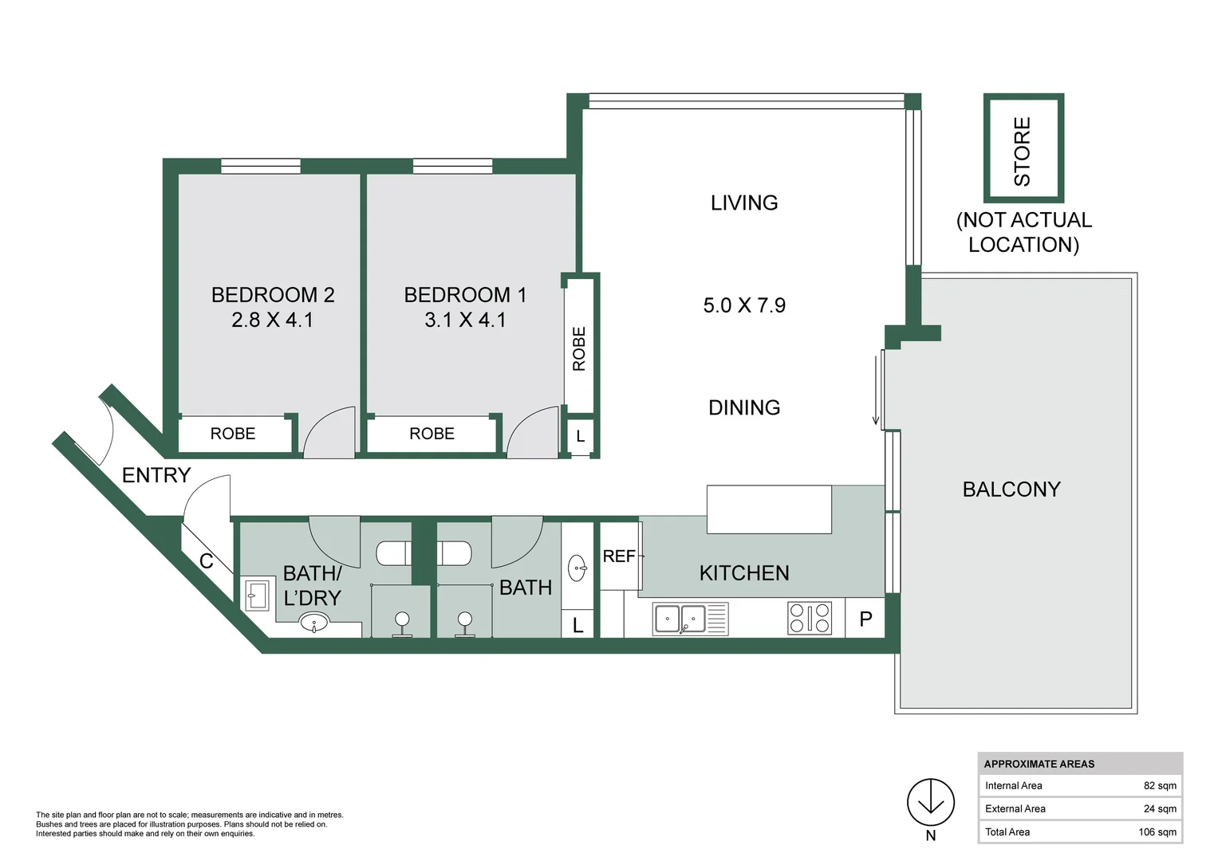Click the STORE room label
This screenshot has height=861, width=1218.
(x=1023, y=151)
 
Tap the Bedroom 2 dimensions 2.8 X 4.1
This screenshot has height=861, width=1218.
(x=273, y=320)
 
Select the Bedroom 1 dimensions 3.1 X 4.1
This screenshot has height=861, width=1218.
(x=466, y=320)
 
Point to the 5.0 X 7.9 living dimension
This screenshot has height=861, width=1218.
(x=744, y=305)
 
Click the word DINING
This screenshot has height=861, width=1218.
(x=744, y=407)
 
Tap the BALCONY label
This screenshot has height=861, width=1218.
(x=1011, y=489)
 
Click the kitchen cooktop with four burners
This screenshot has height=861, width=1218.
(x=810, y=618)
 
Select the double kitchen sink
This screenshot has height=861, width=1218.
(x=690, y=619)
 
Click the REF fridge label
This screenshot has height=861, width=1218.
(x=619, y=556)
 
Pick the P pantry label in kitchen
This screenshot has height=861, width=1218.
(x=865, y=619)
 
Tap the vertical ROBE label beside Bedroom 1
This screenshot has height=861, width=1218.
(x=579, y=349)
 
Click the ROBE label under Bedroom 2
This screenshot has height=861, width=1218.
(x=233, y=433)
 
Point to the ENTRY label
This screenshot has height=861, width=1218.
(x=156, y=475)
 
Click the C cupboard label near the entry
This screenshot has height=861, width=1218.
(x=206, y=561)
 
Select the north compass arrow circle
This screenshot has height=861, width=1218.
(x=930, y=802)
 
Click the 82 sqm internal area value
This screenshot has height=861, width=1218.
(x=1160, y=785)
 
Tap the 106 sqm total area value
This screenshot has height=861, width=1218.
(x=1157, y=832)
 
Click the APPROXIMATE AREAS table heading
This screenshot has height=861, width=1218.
(x=1039, y=764)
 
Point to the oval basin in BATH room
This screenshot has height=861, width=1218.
(x=577, y=568)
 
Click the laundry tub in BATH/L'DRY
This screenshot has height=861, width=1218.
(x=257, y=595)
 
